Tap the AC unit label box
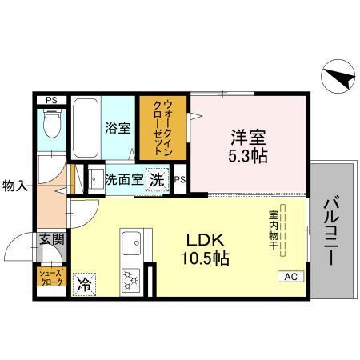[x=290, y=277]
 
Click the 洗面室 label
[x=124, y=179]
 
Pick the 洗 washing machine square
[x=158, y=179]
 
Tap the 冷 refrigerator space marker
[x=83, y=283]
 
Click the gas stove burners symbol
[x=130, y=281]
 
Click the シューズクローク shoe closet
[x=50, y=280]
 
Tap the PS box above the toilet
[x=51, y=100]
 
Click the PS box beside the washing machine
[x=180, y=180]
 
